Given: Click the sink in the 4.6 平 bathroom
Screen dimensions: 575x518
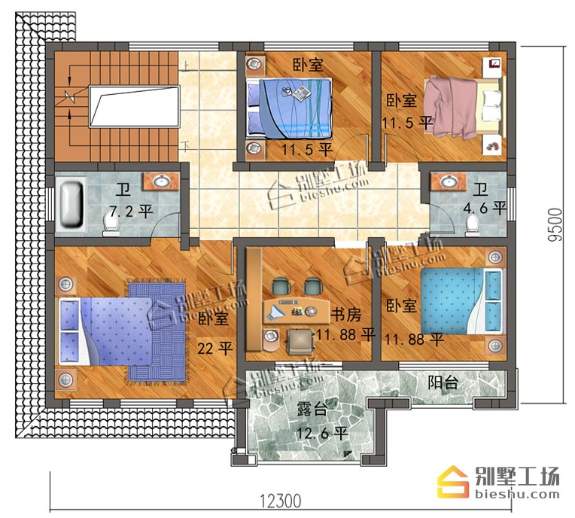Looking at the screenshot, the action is tap(448, 181).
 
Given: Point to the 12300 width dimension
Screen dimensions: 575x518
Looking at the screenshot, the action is tap(281, 501).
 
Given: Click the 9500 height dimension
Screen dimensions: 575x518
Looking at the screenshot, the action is tap(554, 224).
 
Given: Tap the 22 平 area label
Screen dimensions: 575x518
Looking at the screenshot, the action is tap(215, 348).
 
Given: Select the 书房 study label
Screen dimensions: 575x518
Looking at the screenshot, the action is tap(345, 315).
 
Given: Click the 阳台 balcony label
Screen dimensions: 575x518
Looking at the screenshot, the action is tap(443, 382).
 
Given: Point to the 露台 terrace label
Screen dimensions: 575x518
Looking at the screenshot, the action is tap(312, 409).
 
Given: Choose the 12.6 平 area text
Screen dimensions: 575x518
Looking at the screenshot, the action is tap(322, 434).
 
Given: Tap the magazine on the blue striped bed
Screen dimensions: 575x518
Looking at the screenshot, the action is tap(297, 93).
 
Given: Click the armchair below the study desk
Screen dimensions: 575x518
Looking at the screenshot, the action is tap(301, 341).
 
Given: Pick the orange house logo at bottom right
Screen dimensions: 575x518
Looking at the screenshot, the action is tap(453, 482).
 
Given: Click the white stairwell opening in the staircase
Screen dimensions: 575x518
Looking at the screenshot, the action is tap(135, 107).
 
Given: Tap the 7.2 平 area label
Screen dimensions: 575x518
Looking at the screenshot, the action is tap(131, 212).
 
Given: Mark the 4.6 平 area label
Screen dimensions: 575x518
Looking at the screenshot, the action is tap(485, 208).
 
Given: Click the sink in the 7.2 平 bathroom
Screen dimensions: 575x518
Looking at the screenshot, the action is tap(161, 181).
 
